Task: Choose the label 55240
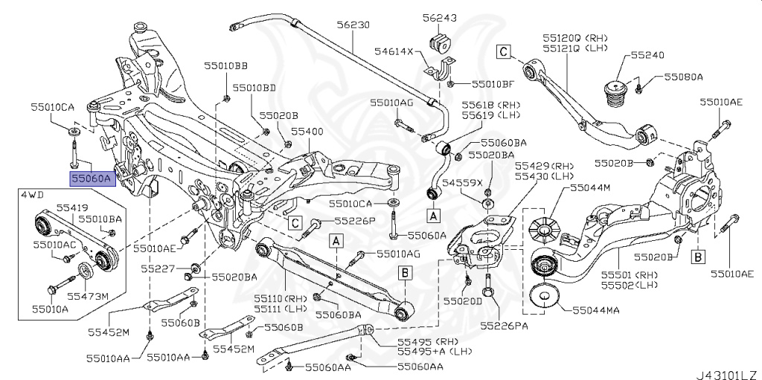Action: click(x=647, y=55)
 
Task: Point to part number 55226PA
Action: click(x=504, y=325)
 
